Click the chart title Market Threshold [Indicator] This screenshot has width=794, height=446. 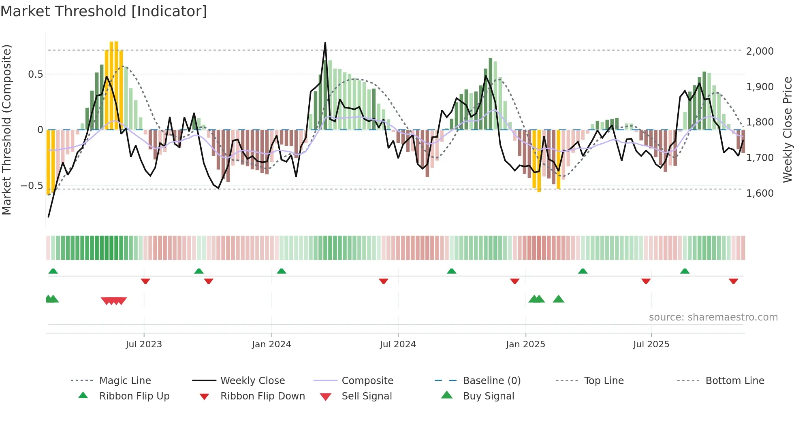point(104,11)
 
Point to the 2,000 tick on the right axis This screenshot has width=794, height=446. point(760,51)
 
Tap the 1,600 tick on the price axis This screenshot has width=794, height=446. point(760,193)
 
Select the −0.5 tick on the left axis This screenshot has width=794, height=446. point(32,186)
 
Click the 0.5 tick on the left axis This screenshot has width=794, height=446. point(35,74)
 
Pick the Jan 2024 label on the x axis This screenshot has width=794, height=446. point(271,344)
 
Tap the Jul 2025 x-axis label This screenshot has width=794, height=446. point(651,344)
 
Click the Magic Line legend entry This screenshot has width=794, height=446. point(125,381)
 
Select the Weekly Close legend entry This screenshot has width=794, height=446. point(252,381)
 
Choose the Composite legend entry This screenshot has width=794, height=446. point(367,381)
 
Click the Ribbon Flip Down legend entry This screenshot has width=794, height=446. point(262,396)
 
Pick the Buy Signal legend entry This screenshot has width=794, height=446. point(488,396)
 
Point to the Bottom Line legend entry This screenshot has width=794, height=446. point(734,381)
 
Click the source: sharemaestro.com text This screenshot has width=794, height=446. point(713,317)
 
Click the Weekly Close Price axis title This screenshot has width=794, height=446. point(787,130)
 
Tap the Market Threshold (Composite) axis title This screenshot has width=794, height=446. point(6,130)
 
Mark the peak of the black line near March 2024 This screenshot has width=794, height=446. point(325,42)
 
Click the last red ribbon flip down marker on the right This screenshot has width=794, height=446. point(733,281)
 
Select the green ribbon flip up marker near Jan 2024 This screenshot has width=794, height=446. point(282,271)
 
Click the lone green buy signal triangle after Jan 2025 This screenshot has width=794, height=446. point(558,299)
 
